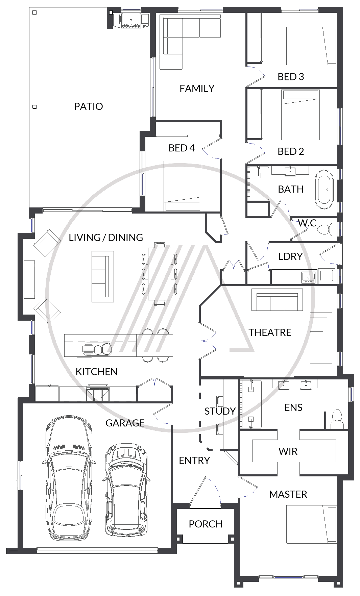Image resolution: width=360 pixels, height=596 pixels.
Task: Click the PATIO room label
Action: (x=89, y=106)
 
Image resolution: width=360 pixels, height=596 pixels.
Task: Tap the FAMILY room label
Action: (x=197, y=89)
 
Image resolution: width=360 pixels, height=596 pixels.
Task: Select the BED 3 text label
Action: (x=291, y=77)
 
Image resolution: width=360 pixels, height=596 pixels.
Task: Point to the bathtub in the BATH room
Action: (x=324, y=190)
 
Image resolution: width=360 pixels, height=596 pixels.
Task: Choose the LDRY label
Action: (x=290, y=256)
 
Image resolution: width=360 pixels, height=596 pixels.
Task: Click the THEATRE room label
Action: (x=270, y=332)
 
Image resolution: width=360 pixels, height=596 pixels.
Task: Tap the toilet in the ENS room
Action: (x=337, y=419)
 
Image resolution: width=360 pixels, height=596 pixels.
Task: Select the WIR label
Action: (x=288, y=451)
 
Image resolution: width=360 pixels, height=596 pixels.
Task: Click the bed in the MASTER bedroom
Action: (x=312, y=524)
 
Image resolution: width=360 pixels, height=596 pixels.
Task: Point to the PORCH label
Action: (x=206, y=524)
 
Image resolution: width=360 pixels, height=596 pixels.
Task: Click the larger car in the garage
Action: (x=69, y=478)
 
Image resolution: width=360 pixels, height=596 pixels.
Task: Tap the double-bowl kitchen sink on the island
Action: (x=98, y=349)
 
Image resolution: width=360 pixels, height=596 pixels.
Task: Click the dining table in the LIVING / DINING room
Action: (x=160, y=274)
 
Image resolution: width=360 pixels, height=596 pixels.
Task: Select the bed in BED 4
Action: (x=183, y=186)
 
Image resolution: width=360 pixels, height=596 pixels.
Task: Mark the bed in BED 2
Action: (x=301, y=115)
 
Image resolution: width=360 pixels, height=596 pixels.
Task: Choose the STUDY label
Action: (x=220, y=411)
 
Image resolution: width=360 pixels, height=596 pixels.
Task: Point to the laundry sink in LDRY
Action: (x=309, y=277)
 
